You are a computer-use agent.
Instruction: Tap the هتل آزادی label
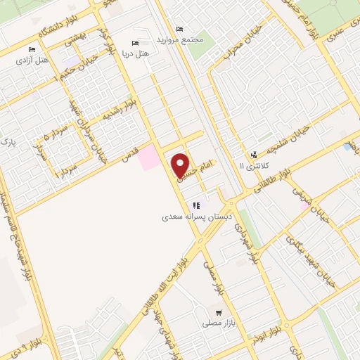click(34, 60)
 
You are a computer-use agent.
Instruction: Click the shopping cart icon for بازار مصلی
click(219, 311)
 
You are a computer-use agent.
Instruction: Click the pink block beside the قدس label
click(149, 157)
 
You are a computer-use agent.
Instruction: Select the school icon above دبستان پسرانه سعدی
click(197, 206)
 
